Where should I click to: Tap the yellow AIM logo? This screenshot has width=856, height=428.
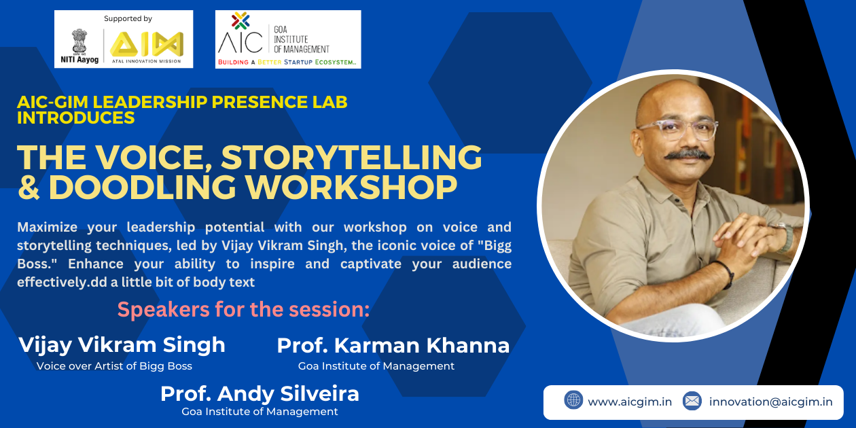147,44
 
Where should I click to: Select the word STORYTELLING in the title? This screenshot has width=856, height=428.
351,158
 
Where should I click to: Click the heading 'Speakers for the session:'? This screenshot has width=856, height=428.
243,310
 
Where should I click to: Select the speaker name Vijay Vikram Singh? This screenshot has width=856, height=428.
122,344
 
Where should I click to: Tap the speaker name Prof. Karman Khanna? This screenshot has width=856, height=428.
393,345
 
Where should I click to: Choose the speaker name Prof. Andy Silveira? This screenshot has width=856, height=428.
260,393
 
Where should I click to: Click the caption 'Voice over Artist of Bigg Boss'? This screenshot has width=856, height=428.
114,366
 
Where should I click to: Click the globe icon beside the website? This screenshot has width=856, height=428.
573,400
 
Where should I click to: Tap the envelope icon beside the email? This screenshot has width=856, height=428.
692,401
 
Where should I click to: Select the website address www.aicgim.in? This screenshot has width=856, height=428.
629,402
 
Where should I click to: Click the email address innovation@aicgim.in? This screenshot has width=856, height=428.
770,402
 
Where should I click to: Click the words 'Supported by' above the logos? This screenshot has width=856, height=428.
128,18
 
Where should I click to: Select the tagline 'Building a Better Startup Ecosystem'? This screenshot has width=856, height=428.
287,62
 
